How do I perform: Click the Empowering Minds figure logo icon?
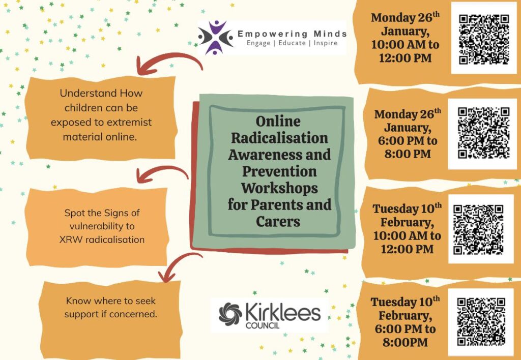pos(216,37)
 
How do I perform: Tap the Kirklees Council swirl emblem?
pos(230,314)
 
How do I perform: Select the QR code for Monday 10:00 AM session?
pos(484,40)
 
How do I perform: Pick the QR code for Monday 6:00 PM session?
pos(484,133)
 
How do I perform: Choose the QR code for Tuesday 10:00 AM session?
pos(479,230)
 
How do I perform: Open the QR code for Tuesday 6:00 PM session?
pos(481,322)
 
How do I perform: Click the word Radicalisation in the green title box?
pos(279,138)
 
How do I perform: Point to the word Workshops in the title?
pos(279,188)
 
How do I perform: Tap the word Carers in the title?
pos(278,221)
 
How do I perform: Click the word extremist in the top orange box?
pos(130,122)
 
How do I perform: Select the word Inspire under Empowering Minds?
pos(326,43)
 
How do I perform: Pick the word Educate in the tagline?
pos(292,43)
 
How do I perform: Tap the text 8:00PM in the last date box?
pos(406,342)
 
